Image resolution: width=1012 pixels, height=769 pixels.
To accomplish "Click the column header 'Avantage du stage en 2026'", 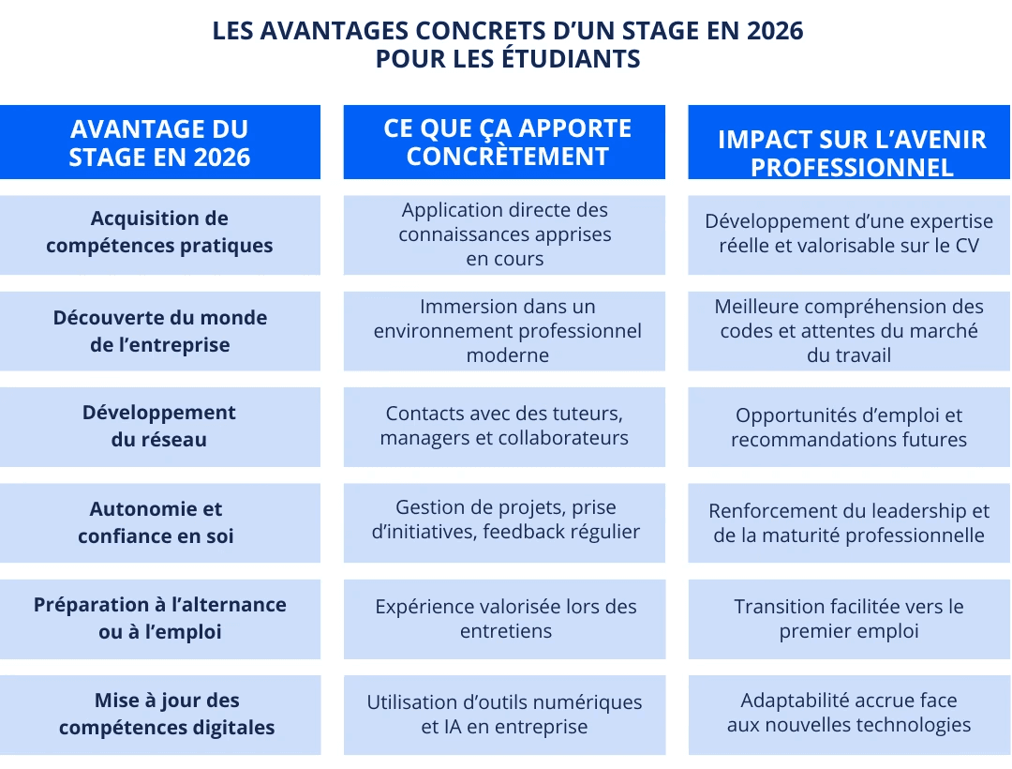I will click(x=159, y=143).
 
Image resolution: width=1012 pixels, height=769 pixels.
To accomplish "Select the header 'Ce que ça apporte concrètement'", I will click(x=506, y=143).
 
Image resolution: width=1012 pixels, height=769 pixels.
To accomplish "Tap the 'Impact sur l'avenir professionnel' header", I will click(x=851, y=152).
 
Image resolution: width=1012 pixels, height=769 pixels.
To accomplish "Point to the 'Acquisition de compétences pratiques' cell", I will click(x=159, y=233).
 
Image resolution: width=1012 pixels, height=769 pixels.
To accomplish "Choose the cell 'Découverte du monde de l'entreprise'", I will click(x=159, y=331).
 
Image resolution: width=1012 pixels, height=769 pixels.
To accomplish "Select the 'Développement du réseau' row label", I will click(x=159, y=427).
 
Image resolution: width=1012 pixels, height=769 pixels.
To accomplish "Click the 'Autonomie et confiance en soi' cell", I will click(x=159, y=522).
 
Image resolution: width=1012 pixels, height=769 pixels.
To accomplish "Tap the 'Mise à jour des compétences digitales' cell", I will click(x=159, y=714).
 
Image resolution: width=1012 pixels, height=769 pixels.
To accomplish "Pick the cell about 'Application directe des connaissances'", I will click(x=505, y=234).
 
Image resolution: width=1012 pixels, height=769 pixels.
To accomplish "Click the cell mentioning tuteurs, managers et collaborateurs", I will click(x=505, y=426).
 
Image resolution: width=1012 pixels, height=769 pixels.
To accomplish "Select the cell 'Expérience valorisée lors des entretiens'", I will click(x=505, y=619).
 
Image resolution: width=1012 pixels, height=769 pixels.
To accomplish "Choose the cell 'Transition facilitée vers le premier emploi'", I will click(x=849, y=619).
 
